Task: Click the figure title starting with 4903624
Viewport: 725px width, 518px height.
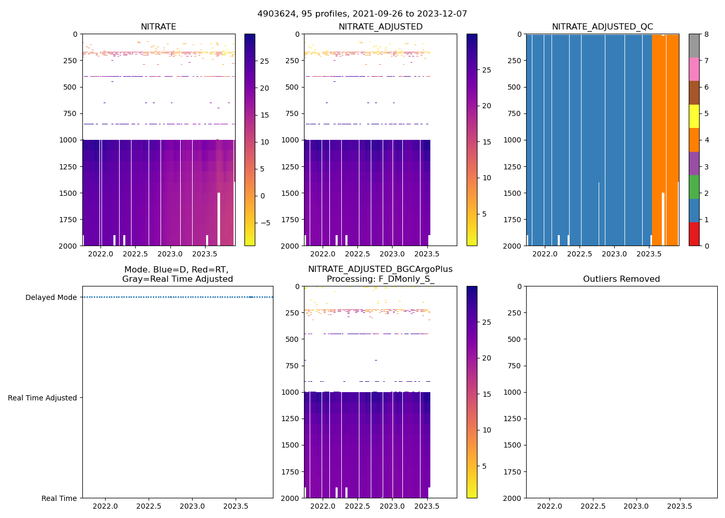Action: click(x=362, y=14)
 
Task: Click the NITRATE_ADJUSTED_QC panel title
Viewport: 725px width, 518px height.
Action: click(x=602, y=27)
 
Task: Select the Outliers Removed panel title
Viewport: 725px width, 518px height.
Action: click(x=621, y=279)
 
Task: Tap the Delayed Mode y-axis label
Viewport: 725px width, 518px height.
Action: click(x=51, y=297)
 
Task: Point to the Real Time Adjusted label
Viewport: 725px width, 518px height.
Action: click(x=42, y=398)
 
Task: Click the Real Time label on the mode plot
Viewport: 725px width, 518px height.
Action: click(x=59, y=498)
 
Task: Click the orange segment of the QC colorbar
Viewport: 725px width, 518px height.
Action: click(x=694, y=140)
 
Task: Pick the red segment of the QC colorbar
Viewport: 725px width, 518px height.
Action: click(x=694, y=234)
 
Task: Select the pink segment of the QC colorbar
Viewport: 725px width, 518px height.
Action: click(x=694, y=69)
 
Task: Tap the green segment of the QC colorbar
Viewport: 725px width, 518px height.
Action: click(x=694, y=187)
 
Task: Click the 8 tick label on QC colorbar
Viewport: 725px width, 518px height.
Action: click(x=706, y=34)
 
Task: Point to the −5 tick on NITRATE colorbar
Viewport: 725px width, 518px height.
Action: click(x=265, y=223)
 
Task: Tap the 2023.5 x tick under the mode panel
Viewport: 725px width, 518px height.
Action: click(x=236, y=506)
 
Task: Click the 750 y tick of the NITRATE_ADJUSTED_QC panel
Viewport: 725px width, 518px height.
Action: click(x=515, y=113)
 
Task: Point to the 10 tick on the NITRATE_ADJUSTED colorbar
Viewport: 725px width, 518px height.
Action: click(x=487, y=178)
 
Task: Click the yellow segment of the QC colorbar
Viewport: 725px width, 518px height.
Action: click(x=694, y=116)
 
